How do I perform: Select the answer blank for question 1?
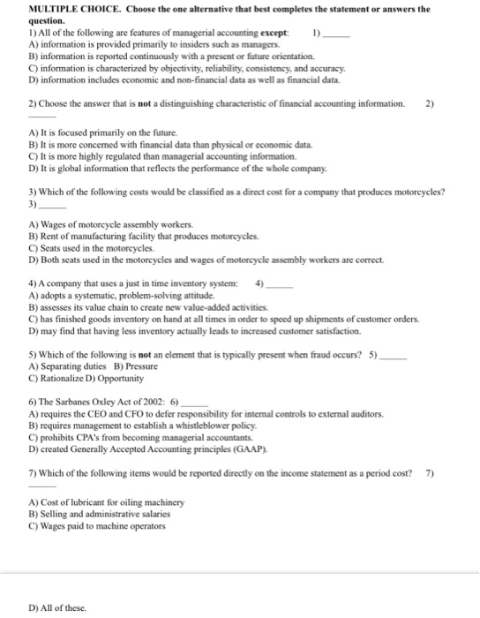coord(336,33)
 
